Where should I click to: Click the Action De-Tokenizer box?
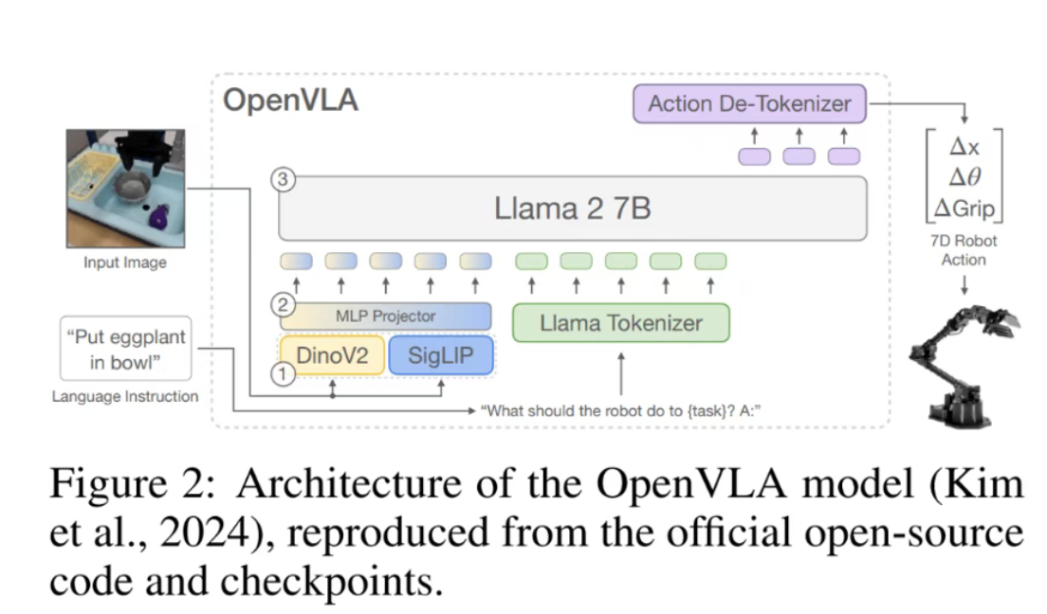749,103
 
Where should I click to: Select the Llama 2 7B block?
572,208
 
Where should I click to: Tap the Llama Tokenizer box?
621,323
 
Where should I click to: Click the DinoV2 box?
330,356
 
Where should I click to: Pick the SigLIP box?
441,356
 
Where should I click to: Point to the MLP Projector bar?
385,316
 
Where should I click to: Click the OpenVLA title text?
290,100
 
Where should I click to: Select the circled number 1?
281,374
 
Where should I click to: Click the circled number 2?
281,305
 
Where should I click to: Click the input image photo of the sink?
124,188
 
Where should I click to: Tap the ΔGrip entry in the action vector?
963,207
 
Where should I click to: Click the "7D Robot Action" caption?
963,250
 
